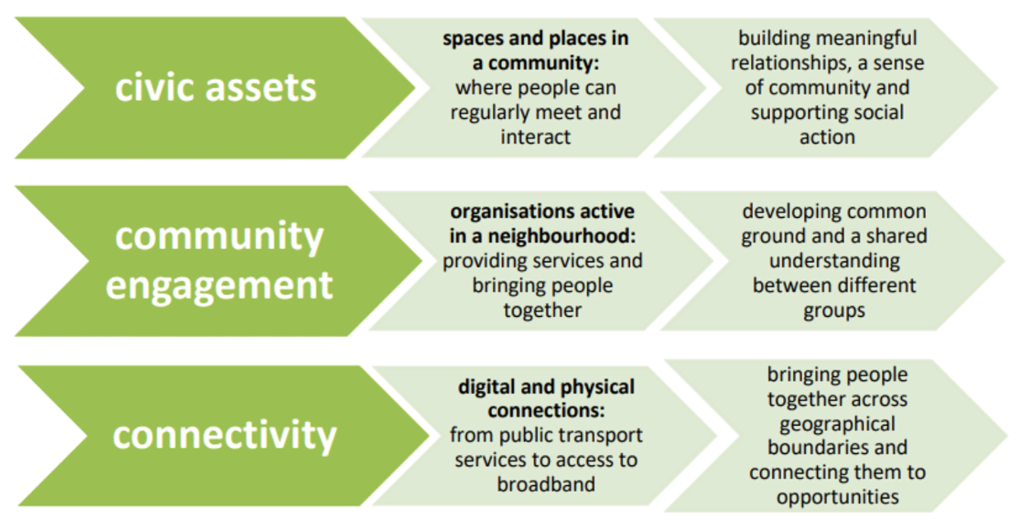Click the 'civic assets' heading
(x=215, y=87)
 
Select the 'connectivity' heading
(x=224, y=435)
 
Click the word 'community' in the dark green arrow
(x=218, y=238)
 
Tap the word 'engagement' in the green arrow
(x=218, y=285)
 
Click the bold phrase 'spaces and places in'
(x=535, y=39)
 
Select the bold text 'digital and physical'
(x=546, y=386)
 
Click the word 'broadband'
(x=546, y=483)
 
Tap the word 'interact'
(x=535, y=136)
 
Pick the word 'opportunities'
(x=837, y=497)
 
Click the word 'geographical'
(x=837, y=423)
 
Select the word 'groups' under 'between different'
(x=834, y=309)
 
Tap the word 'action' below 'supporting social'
(x=827, y=136)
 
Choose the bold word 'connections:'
(x=546, y=410)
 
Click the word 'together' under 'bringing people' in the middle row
(x=542, y=309)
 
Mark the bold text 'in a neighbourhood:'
(x=542, y=237)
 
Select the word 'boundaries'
(x=837, y=448)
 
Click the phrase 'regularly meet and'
(x=535, y=111)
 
